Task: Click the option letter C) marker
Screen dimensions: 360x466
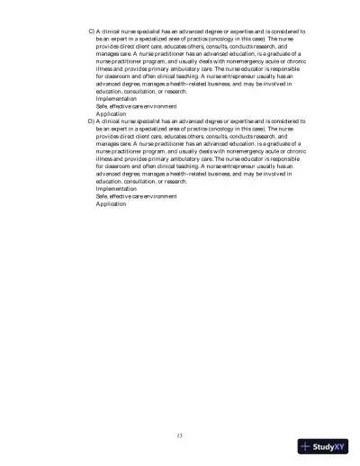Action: (x=91, y=31)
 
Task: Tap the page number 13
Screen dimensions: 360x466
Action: (x=180, y=435)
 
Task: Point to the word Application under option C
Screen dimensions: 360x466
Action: (x=111, y=114)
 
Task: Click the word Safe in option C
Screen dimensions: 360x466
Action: (x=103, y=106)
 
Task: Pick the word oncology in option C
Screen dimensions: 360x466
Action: (x=232, y=40)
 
